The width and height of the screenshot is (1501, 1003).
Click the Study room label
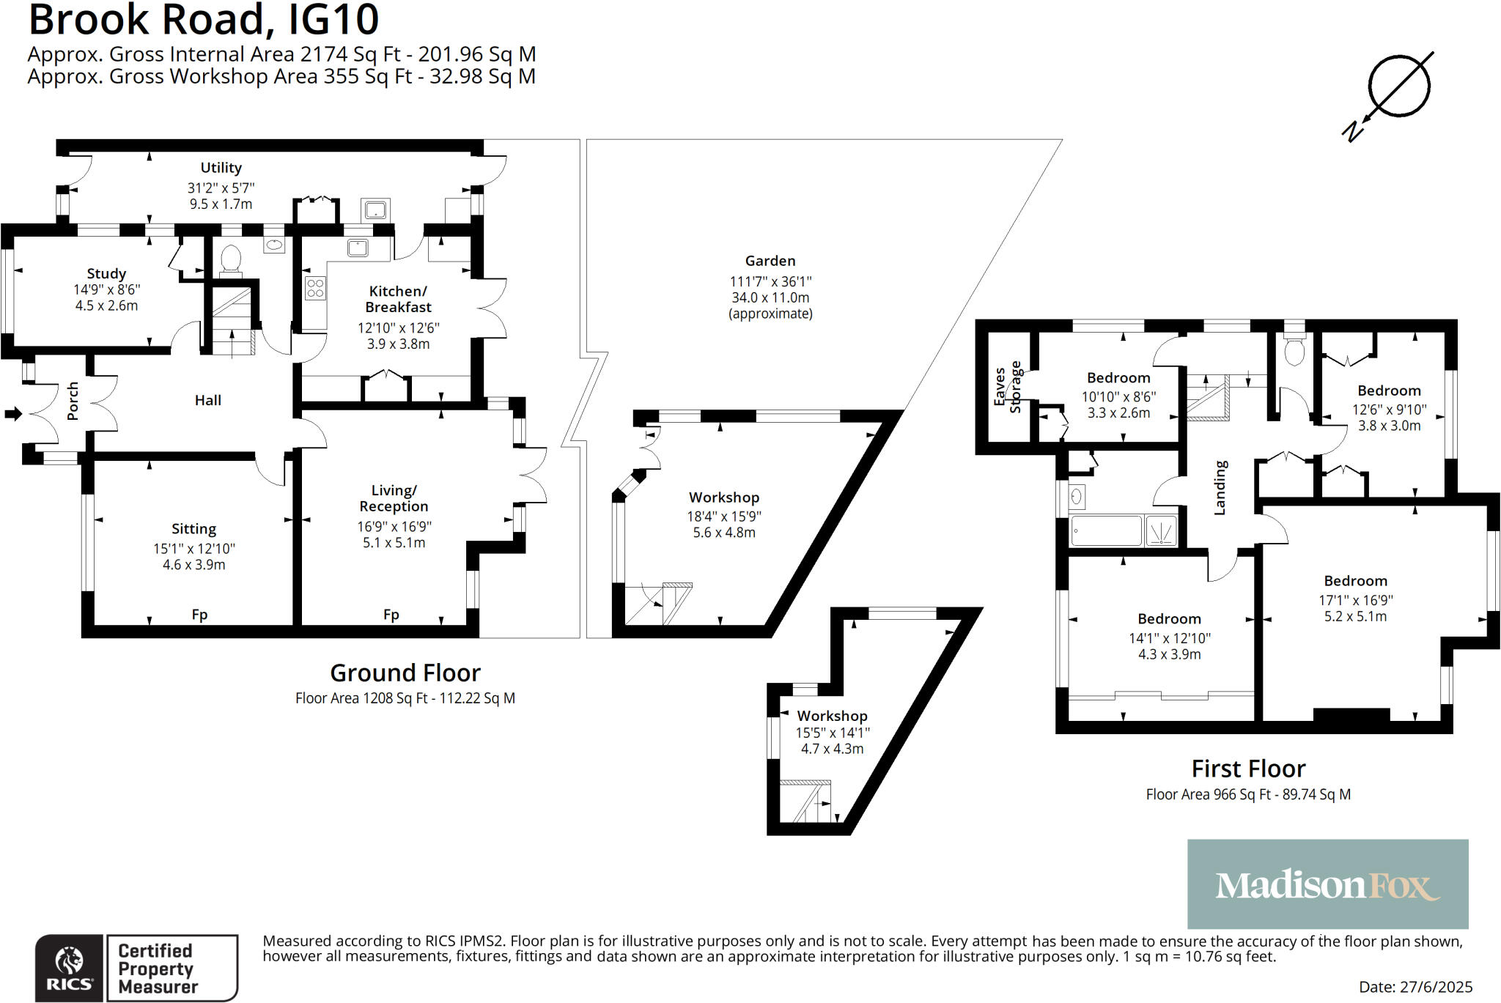(106, 273)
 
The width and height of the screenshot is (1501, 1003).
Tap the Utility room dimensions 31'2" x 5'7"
(221, 188)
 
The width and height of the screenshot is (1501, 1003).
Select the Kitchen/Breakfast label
(398, 299)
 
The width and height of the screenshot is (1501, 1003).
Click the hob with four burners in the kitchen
(315, 288)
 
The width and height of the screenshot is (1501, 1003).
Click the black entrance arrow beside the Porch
(13, 414)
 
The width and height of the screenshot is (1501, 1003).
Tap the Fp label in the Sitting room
(199, 615)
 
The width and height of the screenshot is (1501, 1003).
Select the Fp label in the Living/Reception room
(391, 615)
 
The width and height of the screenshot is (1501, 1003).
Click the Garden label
(770, 261)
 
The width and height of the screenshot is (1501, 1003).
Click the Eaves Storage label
(1007, 387)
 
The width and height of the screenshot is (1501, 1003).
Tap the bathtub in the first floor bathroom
(1106, 530)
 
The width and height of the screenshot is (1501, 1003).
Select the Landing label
(1220, 487)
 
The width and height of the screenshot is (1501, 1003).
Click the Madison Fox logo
(1327, 884)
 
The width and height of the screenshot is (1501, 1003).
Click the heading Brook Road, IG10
(204, 20)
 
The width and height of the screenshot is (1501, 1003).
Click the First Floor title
(1248, 769)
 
